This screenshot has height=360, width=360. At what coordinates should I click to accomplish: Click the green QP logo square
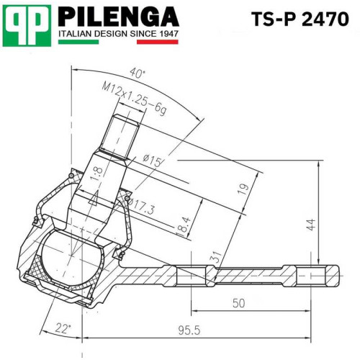click(27, 26)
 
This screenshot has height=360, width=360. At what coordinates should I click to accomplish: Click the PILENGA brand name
click(119, 17)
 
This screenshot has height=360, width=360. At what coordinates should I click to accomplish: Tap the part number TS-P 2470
click(300, 19)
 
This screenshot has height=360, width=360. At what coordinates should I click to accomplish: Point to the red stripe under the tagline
click(158, 42)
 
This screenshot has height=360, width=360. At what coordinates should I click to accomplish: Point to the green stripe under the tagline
click(78, 42)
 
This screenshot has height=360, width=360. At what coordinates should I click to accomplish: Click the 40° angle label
click(138, 73)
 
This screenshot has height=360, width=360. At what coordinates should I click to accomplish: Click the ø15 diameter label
click(152, 161)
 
